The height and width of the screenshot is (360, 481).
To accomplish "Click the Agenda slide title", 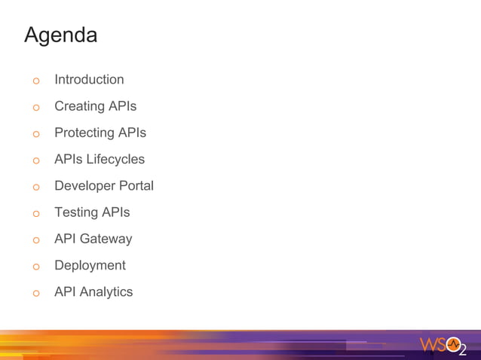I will tap(60, 35).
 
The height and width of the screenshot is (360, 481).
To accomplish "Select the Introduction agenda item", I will tap(89, 79).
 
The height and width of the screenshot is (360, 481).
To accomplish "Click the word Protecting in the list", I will tap(84, 133).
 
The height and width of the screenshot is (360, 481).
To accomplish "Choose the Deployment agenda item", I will tap(90, 265).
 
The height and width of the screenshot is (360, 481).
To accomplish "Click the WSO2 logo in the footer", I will tap(443, 346).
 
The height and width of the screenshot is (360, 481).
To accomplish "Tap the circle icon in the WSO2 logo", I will tap(453, 344).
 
